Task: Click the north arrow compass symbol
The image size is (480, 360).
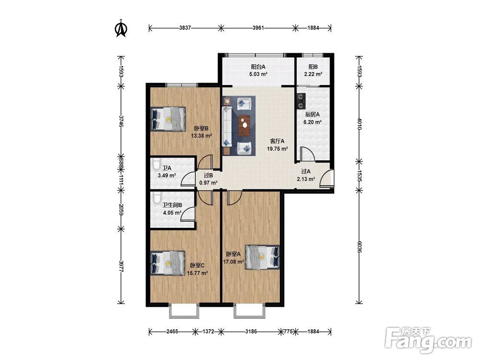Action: (x=121, y=28)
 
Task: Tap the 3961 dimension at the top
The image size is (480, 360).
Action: (x=258, y=28)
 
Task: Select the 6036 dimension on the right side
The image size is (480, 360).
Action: (x=359, y=247)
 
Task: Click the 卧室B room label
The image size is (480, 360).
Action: (x=201, y=129)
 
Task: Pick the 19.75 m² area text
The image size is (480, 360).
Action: (x=277, y=149)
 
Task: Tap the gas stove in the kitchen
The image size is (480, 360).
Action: (x=301, y=101)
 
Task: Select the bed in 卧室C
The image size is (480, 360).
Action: (x=168, y=263)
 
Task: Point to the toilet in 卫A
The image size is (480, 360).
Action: (x=156, y=164)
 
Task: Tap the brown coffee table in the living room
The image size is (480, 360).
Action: (x=245, y=125)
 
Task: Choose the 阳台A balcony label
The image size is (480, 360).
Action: (x=258, y=67)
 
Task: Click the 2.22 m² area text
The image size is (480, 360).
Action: (x=313, y=74)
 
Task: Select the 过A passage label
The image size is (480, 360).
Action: (x=306, y=172)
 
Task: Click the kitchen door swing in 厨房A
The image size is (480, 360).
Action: (x=307, y=154)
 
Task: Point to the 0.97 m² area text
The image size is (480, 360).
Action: (x=208, y=183)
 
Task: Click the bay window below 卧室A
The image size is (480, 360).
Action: (x=249, y=312)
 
